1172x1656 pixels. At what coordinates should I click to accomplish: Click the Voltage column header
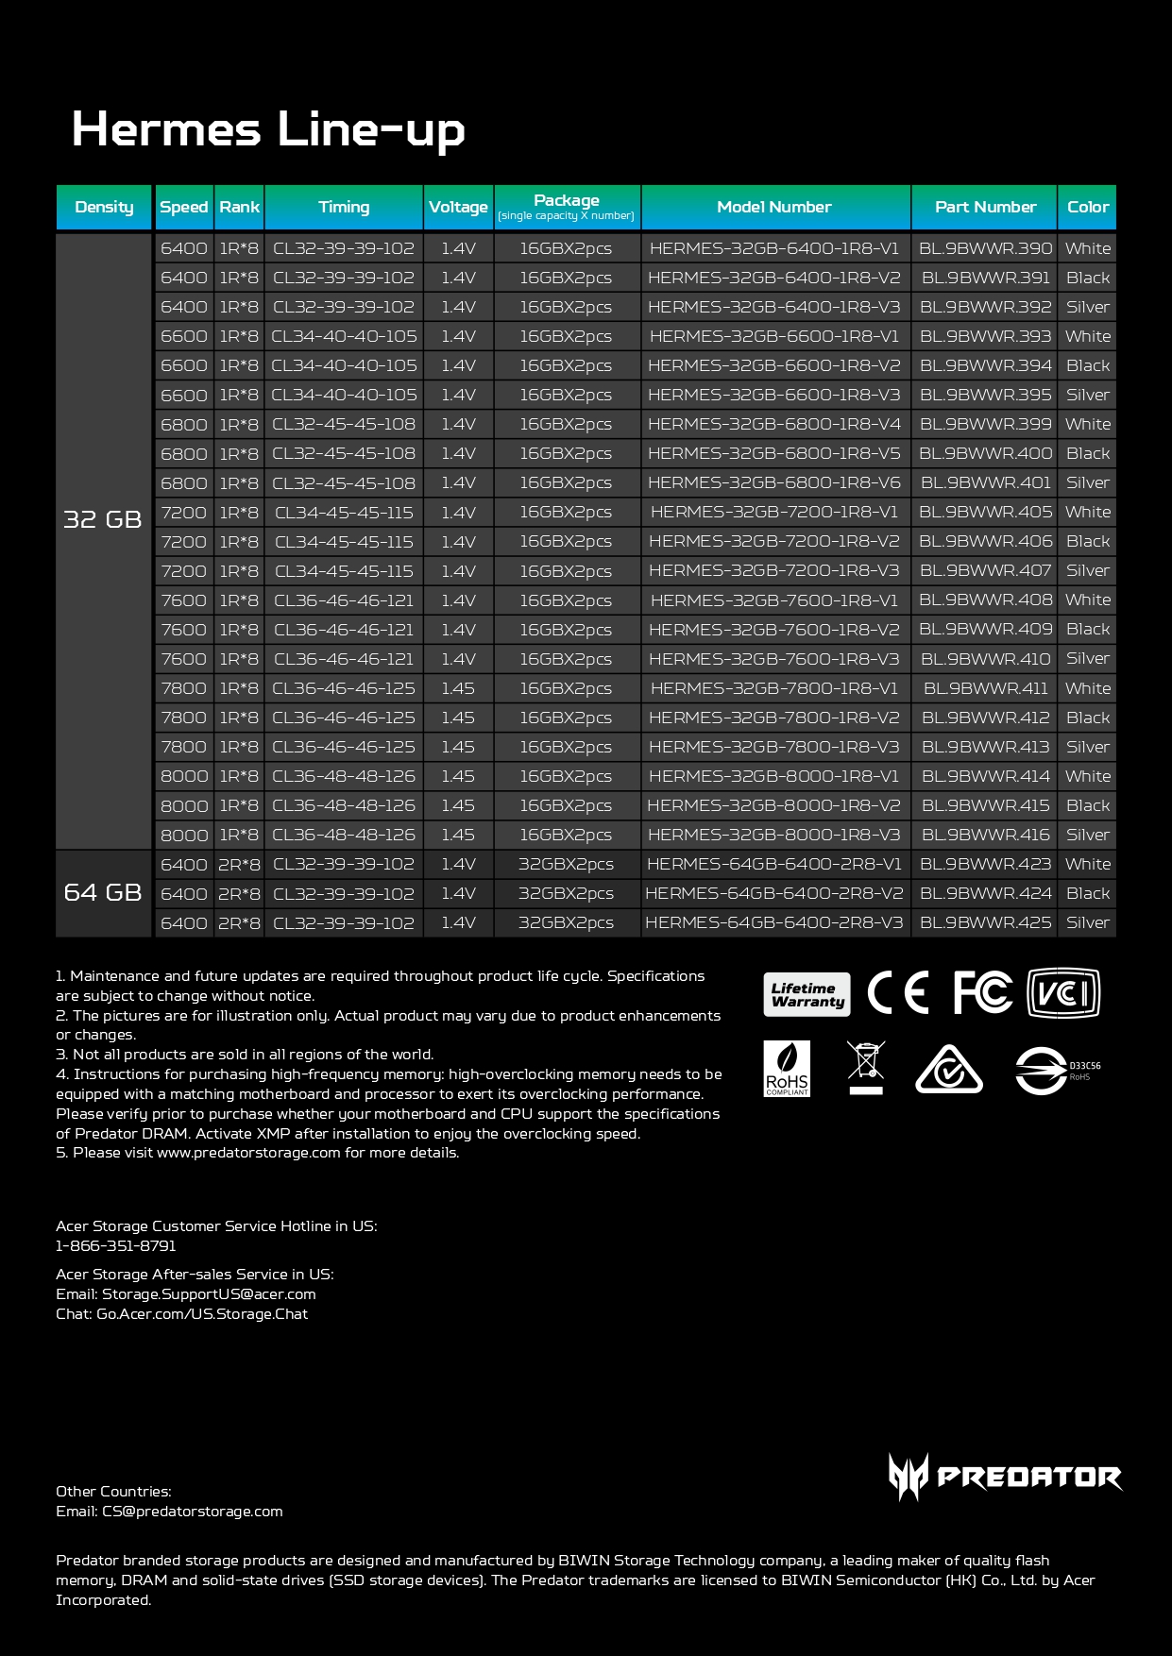(x=458, y=207)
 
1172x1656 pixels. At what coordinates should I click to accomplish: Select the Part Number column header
(x=985, y=207)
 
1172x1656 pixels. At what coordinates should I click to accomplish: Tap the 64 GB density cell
(x=103, y=892)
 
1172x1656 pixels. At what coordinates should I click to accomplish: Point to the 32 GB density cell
(x=103, y=518)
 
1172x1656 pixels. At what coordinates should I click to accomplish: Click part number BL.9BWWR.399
(x=985, y=424)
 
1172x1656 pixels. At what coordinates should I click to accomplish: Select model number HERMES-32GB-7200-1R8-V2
(x=774, y=541)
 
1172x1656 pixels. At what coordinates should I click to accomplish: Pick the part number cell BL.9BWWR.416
(x=985, y=835)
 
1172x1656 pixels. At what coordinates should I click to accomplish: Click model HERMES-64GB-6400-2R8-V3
(x=774, y=922)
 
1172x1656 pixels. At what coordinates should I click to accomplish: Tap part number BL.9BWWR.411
(x=985, y=688)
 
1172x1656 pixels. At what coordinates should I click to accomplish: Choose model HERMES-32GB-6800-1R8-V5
(x=774, y=453)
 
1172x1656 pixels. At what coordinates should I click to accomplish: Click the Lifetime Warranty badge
(x=807, y=994)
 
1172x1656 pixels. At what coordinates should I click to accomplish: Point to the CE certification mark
(x=897, y=992)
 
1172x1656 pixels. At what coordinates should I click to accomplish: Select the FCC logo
(x=982, y=992)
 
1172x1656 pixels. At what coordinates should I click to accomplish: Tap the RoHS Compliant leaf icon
(x=787, y=1069)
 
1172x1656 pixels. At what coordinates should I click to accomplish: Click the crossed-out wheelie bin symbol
(x=866, y=1067)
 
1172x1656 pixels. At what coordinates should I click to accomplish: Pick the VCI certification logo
(x=1063, y=993)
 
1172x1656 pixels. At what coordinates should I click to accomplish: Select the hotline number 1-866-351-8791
(x=116, y=1245)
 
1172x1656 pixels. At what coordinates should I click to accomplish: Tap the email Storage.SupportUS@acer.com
(x=209, y=1293)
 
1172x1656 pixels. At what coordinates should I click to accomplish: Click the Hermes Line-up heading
(x=268, y=128)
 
